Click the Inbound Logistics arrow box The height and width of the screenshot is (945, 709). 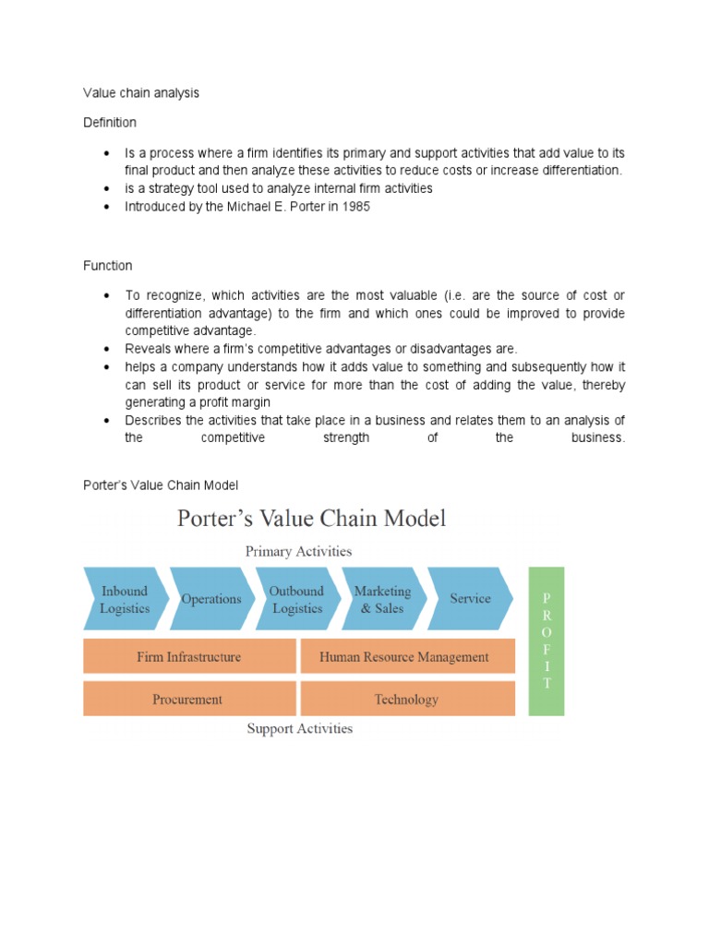(125, 599)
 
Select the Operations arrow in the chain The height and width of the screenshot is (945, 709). (210, 599)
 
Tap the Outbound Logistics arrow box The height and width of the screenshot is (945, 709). (296, 599)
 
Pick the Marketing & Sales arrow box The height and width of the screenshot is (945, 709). (382, 599)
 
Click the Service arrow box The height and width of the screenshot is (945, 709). (470, 599)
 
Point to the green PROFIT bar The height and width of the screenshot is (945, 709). (547, 641)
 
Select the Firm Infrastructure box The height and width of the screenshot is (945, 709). (189, 657)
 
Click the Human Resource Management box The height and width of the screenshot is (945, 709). (404, 657)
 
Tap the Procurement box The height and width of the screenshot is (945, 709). (187, 700)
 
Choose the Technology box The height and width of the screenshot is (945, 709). (406, 700)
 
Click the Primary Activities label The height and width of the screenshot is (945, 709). (298, 551)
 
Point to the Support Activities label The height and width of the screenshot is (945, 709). (299, 728)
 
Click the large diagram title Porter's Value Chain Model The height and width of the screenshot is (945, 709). (311, 518)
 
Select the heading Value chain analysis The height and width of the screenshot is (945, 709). (141, 93)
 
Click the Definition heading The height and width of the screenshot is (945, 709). (110, 123)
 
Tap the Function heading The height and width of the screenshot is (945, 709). (108, 266)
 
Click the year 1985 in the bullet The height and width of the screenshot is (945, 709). (355, 207)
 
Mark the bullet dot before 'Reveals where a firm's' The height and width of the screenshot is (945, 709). (107, 349)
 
